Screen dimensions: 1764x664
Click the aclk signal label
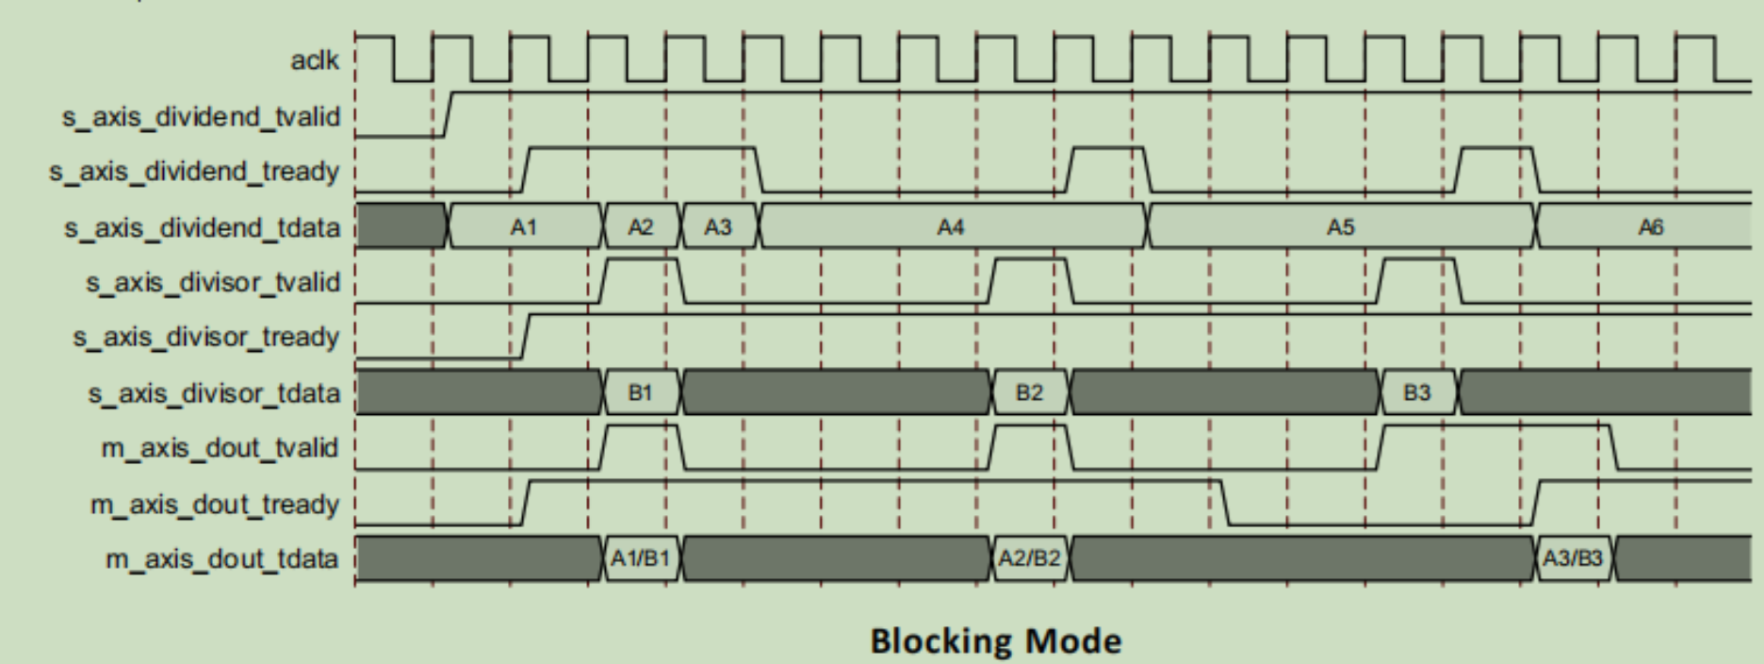click(315, 61)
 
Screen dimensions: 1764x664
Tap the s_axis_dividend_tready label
click(194, 172)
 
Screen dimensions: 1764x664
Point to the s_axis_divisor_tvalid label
click(213, 282)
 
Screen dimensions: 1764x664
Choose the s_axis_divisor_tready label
click(206, 337)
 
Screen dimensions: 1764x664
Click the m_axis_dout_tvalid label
click(220, 447)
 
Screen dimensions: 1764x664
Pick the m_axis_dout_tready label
click(214, 504)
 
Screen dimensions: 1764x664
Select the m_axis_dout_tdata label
click(221, 559)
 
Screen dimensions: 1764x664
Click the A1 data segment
click(524, 226)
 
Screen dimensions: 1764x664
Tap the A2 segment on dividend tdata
click(641, 226)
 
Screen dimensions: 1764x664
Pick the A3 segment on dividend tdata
click(718, 226)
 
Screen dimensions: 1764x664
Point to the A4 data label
click(951, 226)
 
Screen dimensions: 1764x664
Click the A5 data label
click(1340, 226)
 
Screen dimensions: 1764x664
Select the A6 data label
click(1650, 226)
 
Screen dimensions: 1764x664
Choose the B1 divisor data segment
click(641, 392)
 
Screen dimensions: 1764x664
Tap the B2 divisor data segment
click(1030, 392)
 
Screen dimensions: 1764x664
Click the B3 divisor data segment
click(1417, 392)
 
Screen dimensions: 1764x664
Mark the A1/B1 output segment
click(641, 558)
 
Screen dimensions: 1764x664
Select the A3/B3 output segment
click(1573, 558)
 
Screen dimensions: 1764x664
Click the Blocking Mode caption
click(996, 641)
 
